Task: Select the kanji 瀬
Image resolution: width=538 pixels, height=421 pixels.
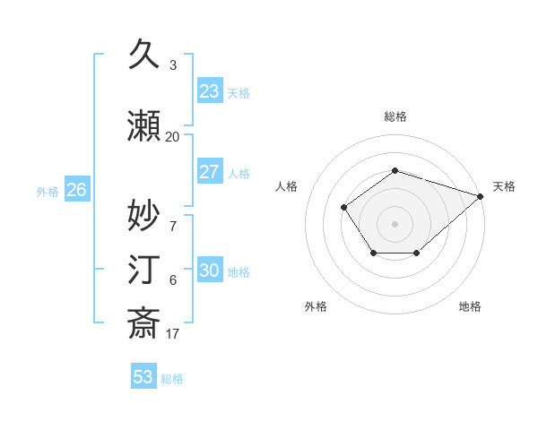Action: (x=144, y=125)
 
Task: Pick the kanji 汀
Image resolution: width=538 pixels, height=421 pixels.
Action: (x=144, y=269)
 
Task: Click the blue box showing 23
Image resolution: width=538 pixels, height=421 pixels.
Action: (x=210, y=91)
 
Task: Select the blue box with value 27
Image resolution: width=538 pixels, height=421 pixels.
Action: (x=210, y=172)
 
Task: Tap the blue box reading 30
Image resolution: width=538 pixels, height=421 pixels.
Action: (x=210, y=271)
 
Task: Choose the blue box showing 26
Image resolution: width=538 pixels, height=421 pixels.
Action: (x=76, y=189)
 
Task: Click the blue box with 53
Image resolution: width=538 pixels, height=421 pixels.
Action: (x=143, y=377)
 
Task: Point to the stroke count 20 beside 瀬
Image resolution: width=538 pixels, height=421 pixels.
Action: (x=172, y=137)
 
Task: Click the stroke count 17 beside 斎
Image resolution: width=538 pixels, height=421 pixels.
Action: (x=172, y=334)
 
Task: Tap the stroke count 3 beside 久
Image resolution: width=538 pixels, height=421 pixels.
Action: (x=172, y=64)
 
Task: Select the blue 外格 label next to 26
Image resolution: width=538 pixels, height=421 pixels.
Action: (x=48, y=191)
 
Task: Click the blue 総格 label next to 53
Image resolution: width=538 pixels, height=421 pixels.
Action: (x=172, y=379)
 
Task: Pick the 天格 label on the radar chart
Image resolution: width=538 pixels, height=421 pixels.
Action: (x=504, y=186)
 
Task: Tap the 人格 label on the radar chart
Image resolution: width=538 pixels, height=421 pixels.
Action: (x=287, y=186)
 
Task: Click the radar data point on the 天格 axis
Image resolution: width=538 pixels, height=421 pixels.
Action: (x=482, y=195)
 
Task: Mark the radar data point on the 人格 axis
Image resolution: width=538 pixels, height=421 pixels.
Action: (x=344, y=208)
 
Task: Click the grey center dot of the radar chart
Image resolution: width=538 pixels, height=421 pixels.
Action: (x=395, y=223)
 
